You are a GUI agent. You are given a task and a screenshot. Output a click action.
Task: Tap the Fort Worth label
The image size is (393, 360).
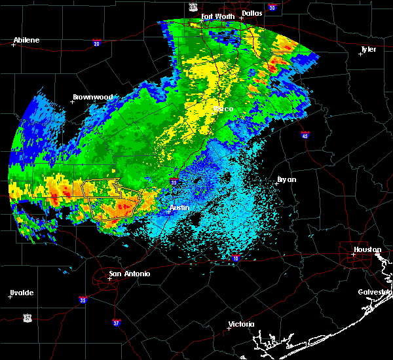click(x=217, y=16)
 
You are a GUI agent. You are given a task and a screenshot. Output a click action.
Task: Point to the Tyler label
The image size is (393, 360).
click(x=368, y=49)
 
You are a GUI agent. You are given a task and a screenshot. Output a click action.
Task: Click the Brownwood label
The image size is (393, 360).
click(x=92, y=97)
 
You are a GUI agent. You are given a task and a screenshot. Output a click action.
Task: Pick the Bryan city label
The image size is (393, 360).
click(x=286, y=179)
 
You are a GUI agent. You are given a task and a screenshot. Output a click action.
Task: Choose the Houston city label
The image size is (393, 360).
click(x=367, y=249)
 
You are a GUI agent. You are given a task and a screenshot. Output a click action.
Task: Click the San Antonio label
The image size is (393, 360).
click(x=129, y=274)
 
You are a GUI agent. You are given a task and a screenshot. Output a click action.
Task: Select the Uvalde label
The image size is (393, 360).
click(x=22, y=293)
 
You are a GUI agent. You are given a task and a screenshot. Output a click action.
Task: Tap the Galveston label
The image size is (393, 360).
click(x=375, y=292)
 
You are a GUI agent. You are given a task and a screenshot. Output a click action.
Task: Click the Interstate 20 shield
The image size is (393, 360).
click(x=96, y=44)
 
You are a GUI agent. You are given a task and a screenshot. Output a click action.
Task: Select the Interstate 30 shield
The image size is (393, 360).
click(x=272, y=7)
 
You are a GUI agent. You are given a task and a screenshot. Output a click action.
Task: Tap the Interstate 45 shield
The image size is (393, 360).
click(x=305, y=135)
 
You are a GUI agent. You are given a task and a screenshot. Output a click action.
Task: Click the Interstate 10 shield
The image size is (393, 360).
click(x=235, y=259)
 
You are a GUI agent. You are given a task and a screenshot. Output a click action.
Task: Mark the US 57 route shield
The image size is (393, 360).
click(x=27, y=317)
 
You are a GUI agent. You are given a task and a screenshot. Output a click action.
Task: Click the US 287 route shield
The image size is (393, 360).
click(x=193, y=6)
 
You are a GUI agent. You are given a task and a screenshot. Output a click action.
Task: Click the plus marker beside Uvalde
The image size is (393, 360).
click(x=9, y=297)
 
